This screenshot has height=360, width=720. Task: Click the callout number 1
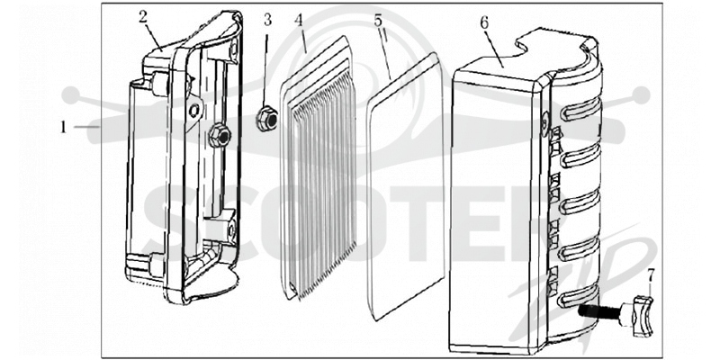[x=63, y=127]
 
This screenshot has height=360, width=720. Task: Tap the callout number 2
[x=143, y=17]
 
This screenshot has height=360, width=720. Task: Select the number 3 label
[x=267, y=20]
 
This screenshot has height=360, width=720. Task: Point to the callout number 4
[x=299, y=20]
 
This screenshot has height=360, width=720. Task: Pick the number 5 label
[x=378, y=21]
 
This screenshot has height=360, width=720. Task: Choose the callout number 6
[x=484, y=23]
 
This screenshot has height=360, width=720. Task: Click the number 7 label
[x=650, y=276]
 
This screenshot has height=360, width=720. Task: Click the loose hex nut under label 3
[x=266, y=120]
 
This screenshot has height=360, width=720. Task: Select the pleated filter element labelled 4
[x=319, y=168]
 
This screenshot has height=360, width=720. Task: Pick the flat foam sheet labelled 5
[x=406, y=186]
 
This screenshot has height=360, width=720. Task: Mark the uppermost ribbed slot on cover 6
[x=580, y=111]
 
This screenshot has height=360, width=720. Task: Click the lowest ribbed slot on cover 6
[x=579, y=297]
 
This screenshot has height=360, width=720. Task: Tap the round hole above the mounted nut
[x=194, y=109]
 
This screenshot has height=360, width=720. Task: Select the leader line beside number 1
[x=86, y=127]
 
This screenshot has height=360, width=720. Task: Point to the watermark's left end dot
[x=71, y=95]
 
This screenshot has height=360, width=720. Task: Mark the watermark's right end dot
[x=641, y=95]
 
